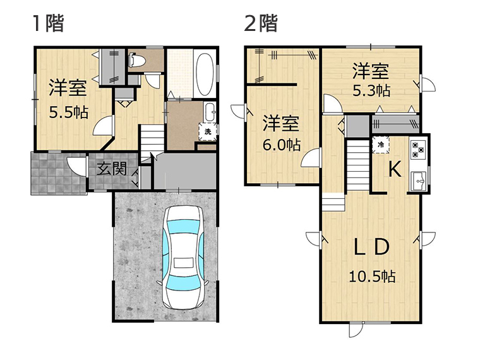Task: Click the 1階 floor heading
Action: tap(49, 23)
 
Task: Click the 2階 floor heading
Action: tap(260, 23)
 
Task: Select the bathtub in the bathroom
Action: tap(205, 75)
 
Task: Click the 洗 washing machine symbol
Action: tap(208, 132)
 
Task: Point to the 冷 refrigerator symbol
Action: tap(381, 145)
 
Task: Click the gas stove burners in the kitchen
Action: tap(418, 149)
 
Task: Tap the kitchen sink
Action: tap(419, 181)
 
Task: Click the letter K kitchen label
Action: tap(395, 169)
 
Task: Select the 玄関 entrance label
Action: tap(111, 169)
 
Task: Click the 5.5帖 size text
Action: tap(69, 113)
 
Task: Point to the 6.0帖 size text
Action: tap(282, 145)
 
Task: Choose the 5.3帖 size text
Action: tap(371, 90)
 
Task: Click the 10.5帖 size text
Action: tap(373, 277)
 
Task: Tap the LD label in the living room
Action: tap(372, 247)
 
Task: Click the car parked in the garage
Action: tap(183, 257)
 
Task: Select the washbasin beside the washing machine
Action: tap(210, 112)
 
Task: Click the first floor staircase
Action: tap(152, 141)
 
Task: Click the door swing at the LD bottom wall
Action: tap(356, 330)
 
